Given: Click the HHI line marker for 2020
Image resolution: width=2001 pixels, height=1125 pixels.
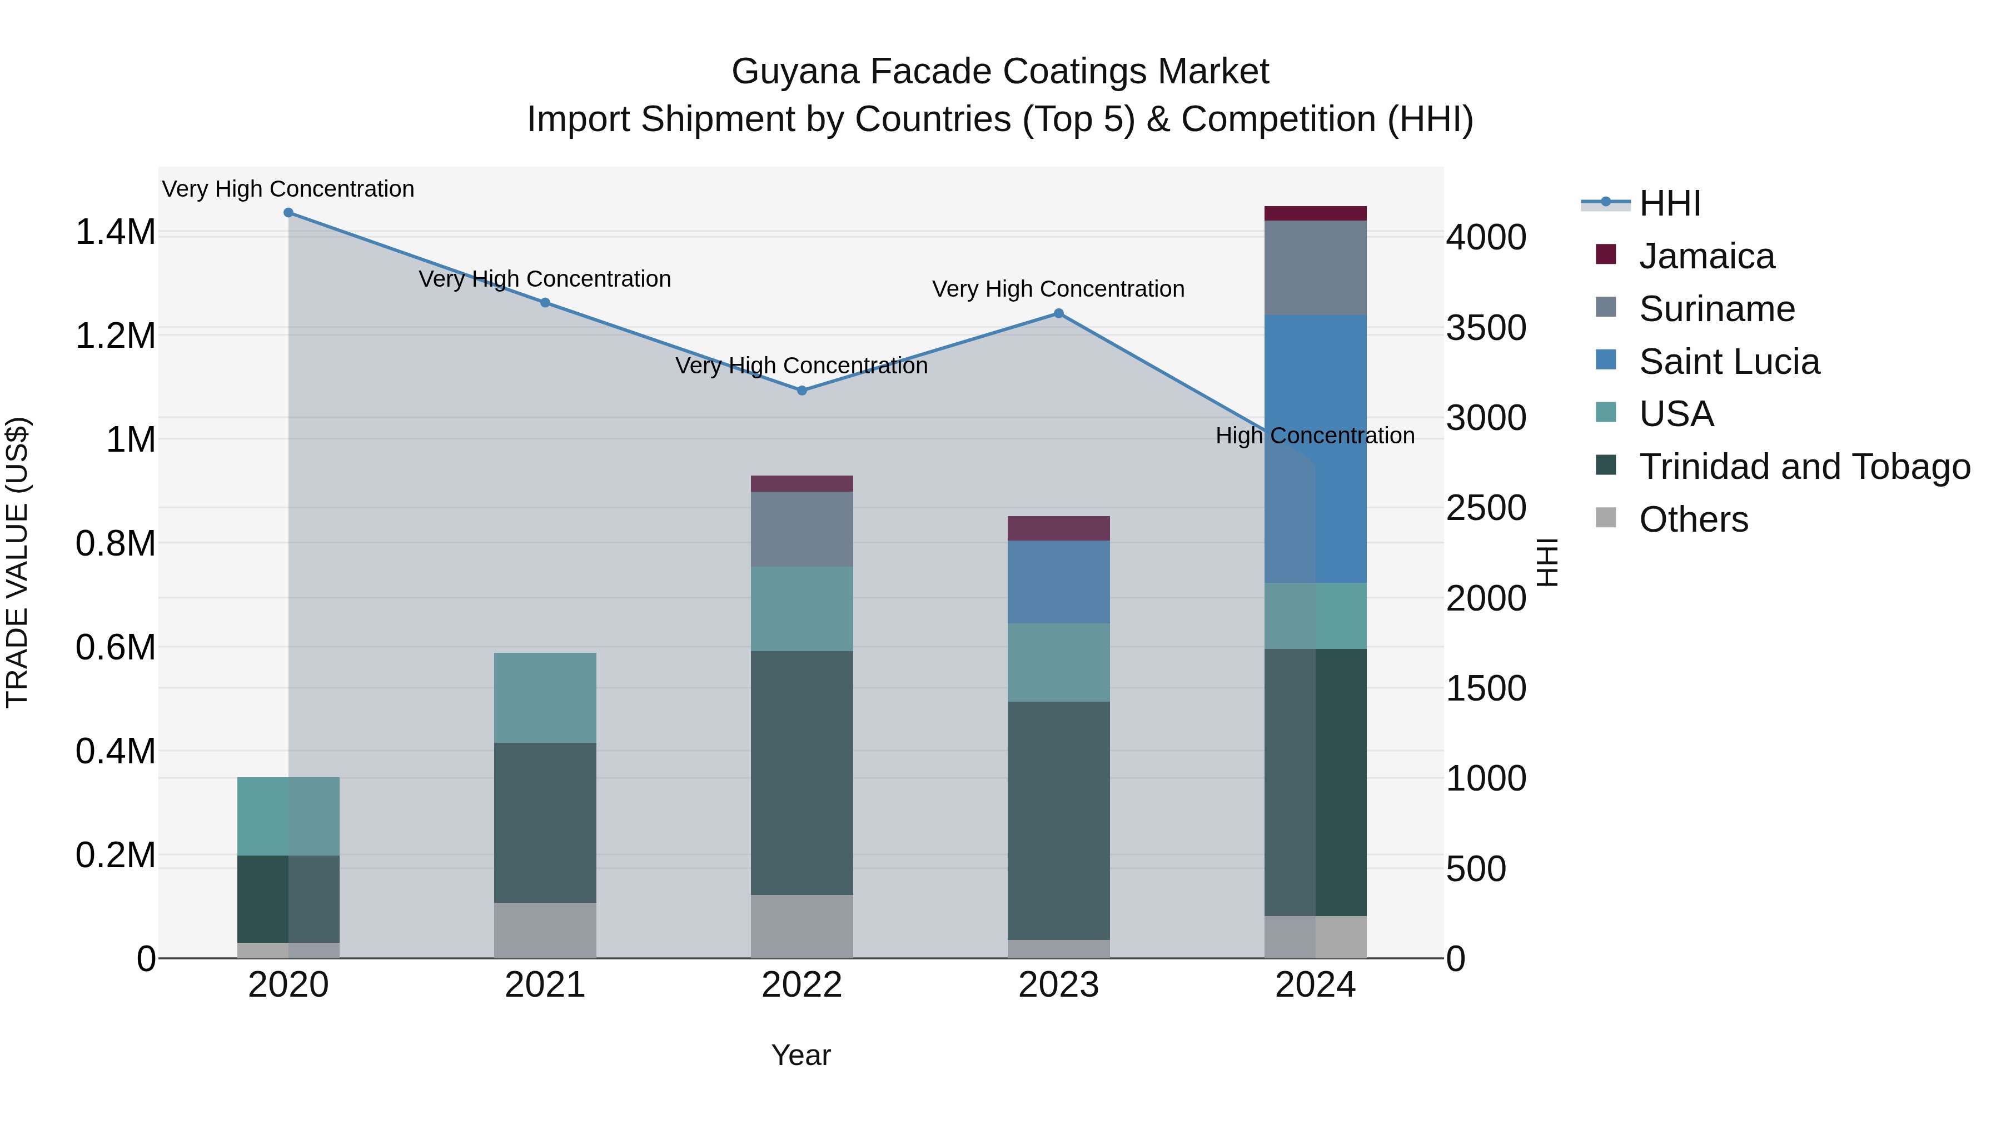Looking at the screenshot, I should point(288,213).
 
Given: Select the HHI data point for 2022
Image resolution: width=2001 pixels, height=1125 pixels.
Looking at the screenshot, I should point(802,391).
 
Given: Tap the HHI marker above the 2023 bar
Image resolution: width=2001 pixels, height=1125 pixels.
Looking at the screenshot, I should point(1058,314).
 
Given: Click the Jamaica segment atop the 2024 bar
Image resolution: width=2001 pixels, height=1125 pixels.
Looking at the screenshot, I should point(1315,213).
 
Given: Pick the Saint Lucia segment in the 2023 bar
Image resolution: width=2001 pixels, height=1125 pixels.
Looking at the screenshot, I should point(1058,582).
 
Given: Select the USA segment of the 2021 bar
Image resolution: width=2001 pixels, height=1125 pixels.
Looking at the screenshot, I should point(545,697).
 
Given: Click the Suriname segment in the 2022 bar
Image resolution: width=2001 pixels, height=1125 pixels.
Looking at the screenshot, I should point(802,529).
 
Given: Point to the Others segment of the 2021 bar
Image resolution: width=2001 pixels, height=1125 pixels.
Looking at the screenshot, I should point(545,929).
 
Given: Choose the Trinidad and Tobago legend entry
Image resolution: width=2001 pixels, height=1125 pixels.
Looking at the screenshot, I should point(1804,467).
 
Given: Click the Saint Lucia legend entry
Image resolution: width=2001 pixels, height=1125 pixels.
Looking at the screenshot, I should point(1728,362).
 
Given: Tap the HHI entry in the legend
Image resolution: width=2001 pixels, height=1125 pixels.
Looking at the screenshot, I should point(1669,203).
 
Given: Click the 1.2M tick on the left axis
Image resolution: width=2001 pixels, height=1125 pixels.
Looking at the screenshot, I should point(115,336).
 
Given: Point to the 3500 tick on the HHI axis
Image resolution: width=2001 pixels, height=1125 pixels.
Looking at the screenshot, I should point(1485,328).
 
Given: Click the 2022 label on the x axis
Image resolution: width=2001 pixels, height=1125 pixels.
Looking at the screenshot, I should point(802,985).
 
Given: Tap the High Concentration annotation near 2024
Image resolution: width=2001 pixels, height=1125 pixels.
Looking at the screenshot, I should point(1315,436).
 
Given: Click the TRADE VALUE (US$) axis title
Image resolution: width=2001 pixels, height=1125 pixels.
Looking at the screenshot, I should point(17,562).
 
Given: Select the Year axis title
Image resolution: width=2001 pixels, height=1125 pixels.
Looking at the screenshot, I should point(801,1055).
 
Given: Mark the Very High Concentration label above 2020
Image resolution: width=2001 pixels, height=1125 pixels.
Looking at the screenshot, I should point(288,189).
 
